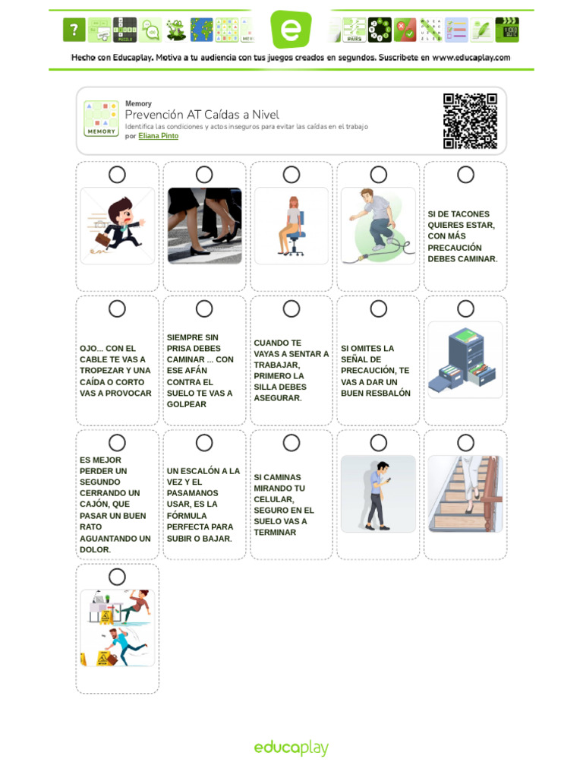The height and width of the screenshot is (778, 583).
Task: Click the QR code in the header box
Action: click(x=470, y=121)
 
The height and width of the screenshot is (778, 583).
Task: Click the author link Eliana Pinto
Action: click(x=158, y=137)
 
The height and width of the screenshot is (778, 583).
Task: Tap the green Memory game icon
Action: click(x=101, y=119)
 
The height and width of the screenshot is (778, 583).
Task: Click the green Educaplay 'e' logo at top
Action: click(x=291, y=30)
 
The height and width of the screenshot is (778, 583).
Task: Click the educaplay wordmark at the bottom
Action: click(x=291, y=748)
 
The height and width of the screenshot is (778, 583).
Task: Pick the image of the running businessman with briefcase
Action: click(x=117, y=226)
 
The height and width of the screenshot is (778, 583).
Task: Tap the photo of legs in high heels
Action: click(x=204, y=226)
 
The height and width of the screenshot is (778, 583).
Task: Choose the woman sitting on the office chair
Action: click(x=291, y=226)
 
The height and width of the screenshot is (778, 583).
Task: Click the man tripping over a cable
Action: click(x=378, y=226)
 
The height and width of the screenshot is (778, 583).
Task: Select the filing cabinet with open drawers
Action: click(x=465, y=360)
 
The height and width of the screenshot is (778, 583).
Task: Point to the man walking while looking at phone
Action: click(x=378, y=494)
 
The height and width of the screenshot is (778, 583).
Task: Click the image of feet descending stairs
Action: click(x=465, y=494)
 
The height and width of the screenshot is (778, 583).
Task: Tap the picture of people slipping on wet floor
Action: click(x=117, y=628)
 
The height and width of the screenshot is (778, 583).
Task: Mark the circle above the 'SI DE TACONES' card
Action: click(x=465, y=175)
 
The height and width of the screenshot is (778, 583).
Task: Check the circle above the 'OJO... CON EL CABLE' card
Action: click(x=117, y=308)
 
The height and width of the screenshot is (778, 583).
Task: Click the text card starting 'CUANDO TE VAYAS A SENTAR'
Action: click(x=291, y=370)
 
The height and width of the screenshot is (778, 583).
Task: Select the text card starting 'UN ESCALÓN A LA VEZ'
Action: click(x=203, y=504)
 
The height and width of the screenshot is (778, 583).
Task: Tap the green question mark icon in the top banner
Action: click(x=73, y=30)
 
